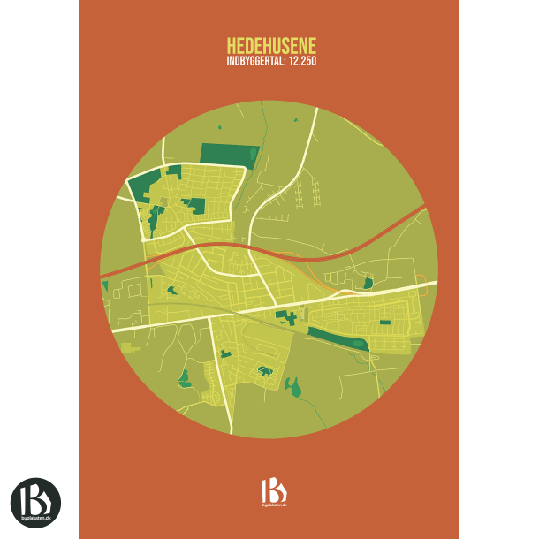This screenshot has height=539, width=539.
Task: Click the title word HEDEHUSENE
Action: pyautogui.click(x=270, y=45)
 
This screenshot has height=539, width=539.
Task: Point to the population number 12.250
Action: pyautogui.click(x=301, y=62)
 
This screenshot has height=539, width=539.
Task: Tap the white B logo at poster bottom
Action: pyautogui.click(x=273, y=490)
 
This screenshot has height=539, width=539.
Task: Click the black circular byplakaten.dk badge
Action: pyautogui.click(x=35, y=502)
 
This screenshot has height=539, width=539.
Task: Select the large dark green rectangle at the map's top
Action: pyautogui.click(x=228, y=154)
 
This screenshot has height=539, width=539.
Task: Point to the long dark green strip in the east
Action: pyautogui.click(x=336, y=338)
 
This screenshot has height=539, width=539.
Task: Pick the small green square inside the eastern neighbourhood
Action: pyautogui.click(x=384, y=323)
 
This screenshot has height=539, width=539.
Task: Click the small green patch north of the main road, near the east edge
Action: pyautogui.click(x=368, y=283)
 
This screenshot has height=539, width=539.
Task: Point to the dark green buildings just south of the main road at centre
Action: pyautogui.click(x=285, y=315)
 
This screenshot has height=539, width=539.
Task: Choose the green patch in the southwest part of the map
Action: pyautogui.click(x=185, y=380)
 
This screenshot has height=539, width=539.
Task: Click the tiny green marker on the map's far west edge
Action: pyautogui.click(x=105, y=285)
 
